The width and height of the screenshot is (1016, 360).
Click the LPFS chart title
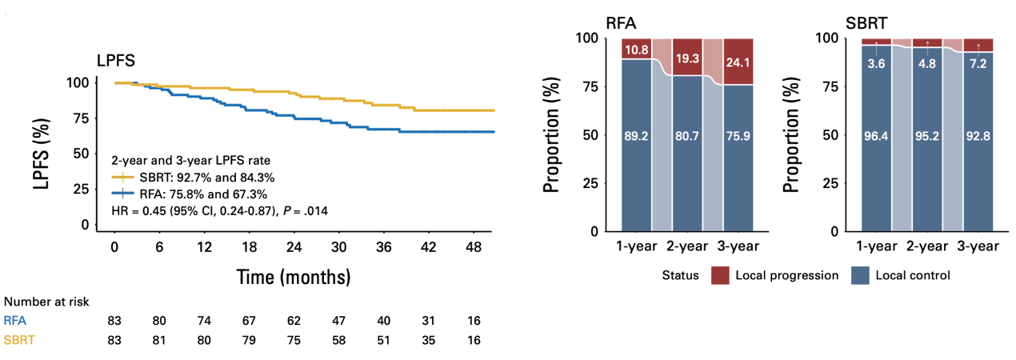pyautogui.click(x=116, y=60)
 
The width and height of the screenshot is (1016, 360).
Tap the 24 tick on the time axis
pyautogui.click(x=294, y=247)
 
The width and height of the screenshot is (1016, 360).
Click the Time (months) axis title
pyautogui.click(x=294, y=277)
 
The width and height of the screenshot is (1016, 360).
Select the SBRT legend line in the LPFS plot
pyautogui.click(x=122, y=178)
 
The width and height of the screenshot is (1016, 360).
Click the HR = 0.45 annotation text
pyautogui.click(x=219, y=211)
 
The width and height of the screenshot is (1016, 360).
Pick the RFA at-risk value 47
pyautogui.click(x=338, y=321)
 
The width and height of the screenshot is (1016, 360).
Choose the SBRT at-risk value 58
pyautogui.click(x=338, y=340)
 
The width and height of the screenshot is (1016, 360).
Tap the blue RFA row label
pyautogui.click(x=15, y=321)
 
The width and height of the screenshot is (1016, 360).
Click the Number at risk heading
pyautogui.click(x=46, y=302)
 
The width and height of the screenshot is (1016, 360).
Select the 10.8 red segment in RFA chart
pyautogui.click(x=636, y=49)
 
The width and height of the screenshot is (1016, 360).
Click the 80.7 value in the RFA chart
pyautogui.click(x=687, y=136)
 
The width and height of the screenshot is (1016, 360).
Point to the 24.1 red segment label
pyautogui.click(x=738, y=62)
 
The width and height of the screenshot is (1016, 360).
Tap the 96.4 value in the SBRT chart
pyautogui.click(x=876, y=136)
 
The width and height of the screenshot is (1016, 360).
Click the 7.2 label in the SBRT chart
pyautogui.click(x=978, y=63)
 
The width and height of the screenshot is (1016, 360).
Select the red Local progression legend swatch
pyautogui.click(x=720, y=275)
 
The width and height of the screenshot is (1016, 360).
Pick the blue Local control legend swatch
pyautogui.click(x=860, y=275)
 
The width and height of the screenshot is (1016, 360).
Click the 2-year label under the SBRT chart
pyautogui.click(x=927, y=246)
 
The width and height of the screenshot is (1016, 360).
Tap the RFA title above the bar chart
pyautogui.click(x=622, y=23)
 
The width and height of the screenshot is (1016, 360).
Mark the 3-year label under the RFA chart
pyautogui.click(x=738, y=246)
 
